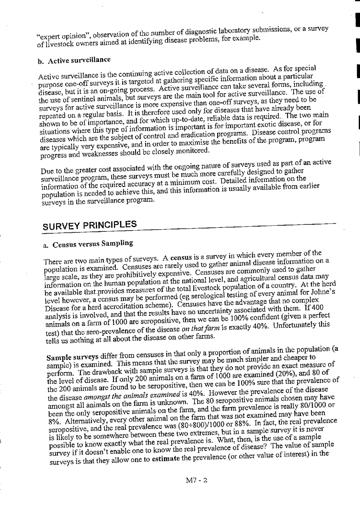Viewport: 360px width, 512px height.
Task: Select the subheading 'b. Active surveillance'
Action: click(x=74, y=60)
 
